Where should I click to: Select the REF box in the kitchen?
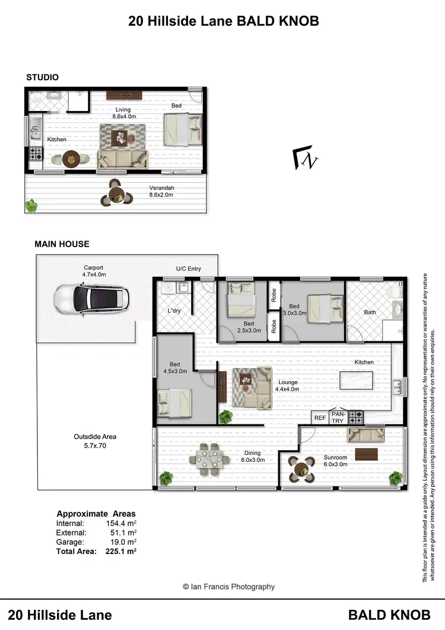pyautogui.click(x=320, y=418)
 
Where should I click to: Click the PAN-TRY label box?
pyautogui.click(x=338, y=417)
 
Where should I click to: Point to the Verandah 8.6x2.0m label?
pyautogui.click(x=161, y=191)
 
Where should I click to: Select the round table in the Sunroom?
pyautogui.click(x=300, y=470)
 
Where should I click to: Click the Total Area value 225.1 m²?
pyautogui.click(x=120, y=551)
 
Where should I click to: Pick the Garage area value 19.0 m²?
pyautogui.click(x=121, y=542)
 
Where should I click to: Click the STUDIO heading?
pyautogui.click(x=42, y=77)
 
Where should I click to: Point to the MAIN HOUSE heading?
pyautogui.click(x=62, y=243)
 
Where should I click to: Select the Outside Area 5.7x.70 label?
pyautogui.click(x=95, y=440)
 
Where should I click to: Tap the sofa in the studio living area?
pyautogui.click(x=123, y=159)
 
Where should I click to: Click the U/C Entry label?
pyautogui.click(x=189, y=269)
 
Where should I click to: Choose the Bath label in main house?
pyautogui.click(x=370, y=312)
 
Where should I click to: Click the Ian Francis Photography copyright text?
pyautogui.click(x=228, y=587)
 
